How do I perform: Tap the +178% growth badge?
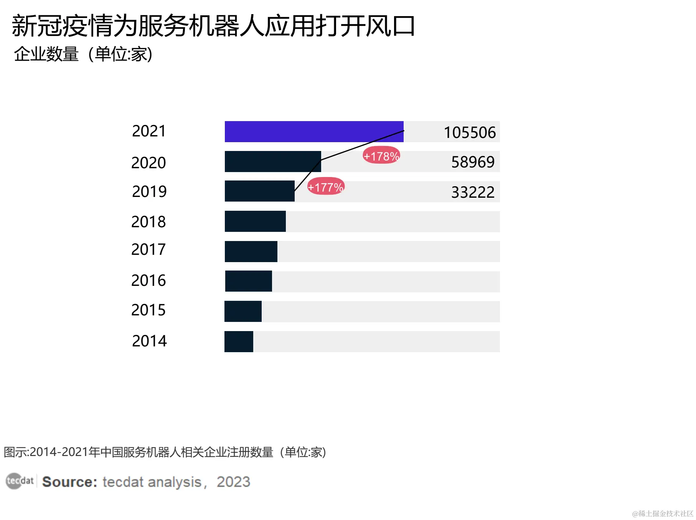[381, 156]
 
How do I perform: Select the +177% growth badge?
[326, 187]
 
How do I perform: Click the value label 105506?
[470, 133]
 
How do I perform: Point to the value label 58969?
[473, 162]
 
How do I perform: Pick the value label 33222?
[473, 192]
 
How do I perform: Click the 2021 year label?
[149, 131]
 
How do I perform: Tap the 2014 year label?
[149, 341]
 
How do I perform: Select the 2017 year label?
[148, 249]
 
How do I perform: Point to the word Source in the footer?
[69, 482]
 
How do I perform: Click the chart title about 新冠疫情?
[213, 26]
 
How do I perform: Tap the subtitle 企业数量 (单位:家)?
[83, 54]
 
